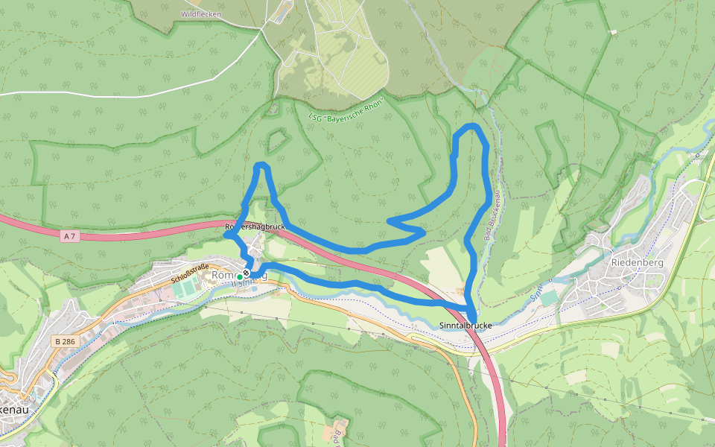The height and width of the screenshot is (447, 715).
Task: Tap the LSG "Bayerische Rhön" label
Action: tap(346, 110)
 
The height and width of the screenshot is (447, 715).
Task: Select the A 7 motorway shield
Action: tap(69, 236)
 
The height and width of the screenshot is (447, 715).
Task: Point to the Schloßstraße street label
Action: tap(190, 273)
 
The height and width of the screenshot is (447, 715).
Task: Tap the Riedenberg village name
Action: tap(637, 261)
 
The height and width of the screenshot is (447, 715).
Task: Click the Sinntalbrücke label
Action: tap(465, 326)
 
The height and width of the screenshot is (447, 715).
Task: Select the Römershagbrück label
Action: tap(255, 226)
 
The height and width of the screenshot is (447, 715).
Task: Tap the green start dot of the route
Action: tap(239, 277)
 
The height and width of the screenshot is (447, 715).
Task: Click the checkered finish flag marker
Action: tap(247, 273)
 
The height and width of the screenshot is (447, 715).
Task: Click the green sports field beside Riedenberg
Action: tap(549, 298)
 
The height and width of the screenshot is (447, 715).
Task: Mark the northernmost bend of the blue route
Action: tap(471, 126)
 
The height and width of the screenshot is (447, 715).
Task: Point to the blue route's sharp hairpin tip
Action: tap(390, 221)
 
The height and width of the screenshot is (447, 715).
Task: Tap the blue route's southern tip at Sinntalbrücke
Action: tap(473, 319)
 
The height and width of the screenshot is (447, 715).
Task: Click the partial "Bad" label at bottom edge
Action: tap(337, 434)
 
